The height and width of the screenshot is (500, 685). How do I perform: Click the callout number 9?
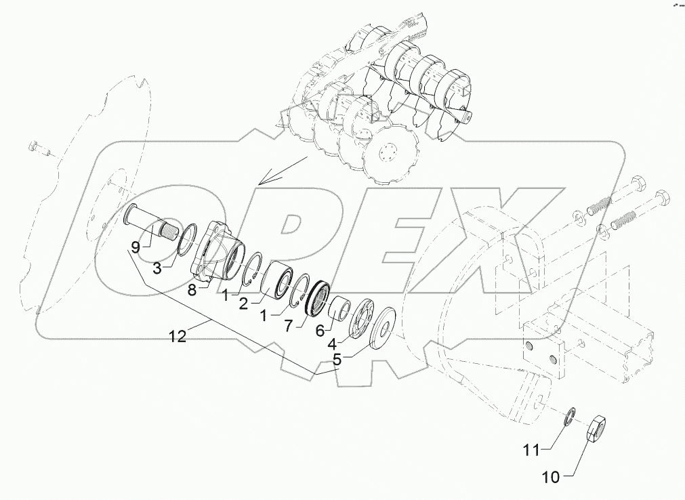[x=136, y=247]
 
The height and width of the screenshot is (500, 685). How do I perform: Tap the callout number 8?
[x=192, y=289]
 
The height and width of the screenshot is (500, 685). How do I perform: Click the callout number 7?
[x=289, y=326]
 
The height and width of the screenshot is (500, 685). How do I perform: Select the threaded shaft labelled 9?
[x=154, y=228]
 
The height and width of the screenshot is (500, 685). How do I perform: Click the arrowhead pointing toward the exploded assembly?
[x=264, y=181]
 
